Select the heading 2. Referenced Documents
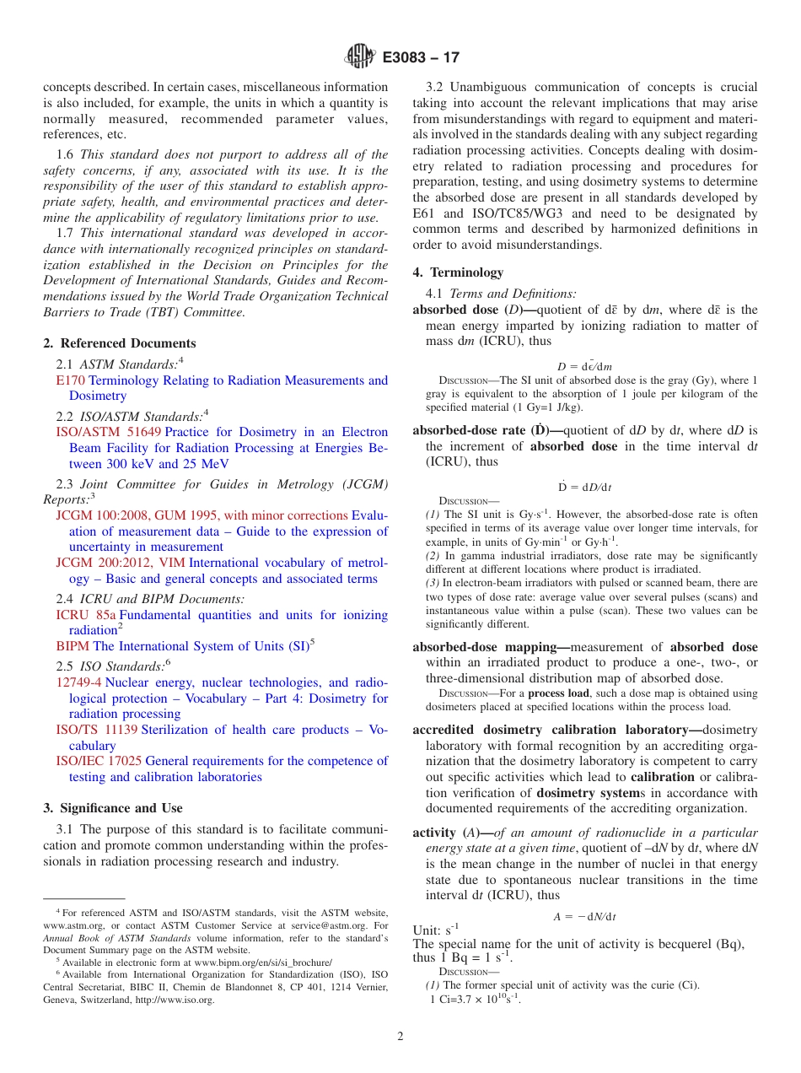[120, 343]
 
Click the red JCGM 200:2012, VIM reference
[121, 563]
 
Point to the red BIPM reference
[73, 646]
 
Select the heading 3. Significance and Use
[113, 808]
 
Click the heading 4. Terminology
[458, 272]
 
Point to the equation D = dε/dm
[584, 366]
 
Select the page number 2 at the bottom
[400, 1037]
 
